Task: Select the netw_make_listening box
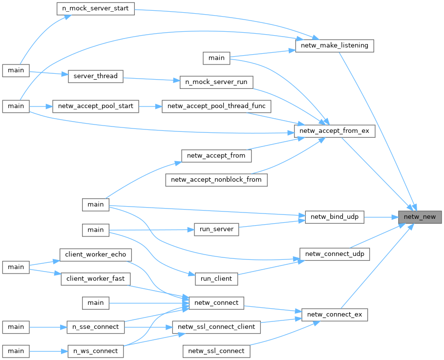pyautogui.click(x=335, y=46)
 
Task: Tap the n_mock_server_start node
pyautogui.click(x=95, y=9)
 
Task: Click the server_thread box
pyautogui.click(x=95, y=76)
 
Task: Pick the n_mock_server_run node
pyautogui.click(x=216, y=82)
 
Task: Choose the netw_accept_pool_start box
pyautogui.click(x=96, y=106)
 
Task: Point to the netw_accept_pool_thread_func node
pyautogui.click(x=216, y=106)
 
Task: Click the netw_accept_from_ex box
pyautogui.click(x=335, y=131)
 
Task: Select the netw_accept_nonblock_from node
pyautogui.click(x=216, y=180)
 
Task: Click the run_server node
pyautogui.click(x=216, y=229)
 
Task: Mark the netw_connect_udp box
pyautogui.click(x=335, y=254)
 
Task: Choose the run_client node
pyautogui.click(x=216, y=278)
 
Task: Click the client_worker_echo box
pyautogui.click(x=96, y=254)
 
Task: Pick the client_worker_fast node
pyautogui.click(x=96, y=278)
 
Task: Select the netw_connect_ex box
pyautogui.click(x=335, y=314)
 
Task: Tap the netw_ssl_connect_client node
pyautogui.click(x=216, y=327)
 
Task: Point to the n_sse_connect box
pyautogui.click(x=96, y=327)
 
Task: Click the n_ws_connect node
pyautogui.click(x=96, y=351)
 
